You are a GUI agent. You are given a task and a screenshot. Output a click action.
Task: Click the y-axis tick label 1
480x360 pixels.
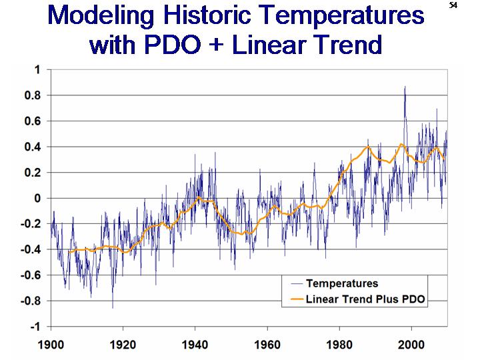(x=37, y=69)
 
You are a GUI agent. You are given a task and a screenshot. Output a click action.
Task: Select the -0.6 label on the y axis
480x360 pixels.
(x=31, y=275)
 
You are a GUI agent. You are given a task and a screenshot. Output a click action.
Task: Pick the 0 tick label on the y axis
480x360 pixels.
(x=37, y=198)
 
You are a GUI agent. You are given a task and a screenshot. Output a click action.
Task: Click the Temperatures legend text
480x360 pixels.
(x=342, y=283)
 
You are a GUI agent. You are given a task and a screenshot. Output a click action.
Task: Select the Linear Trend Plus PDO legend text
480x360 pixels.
(x=365, y=299)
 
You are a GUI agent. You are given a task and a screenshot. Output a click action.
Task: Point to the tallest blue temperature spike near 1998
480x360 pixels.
(x=405, y=87)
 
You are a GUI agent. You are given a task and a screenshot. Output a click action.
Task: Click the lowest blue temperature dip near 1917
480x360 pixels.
(x=113, y=307)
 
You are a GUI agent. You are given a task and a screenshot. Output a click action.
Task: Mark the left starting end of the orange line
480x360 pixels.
(x=69, y=252)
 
